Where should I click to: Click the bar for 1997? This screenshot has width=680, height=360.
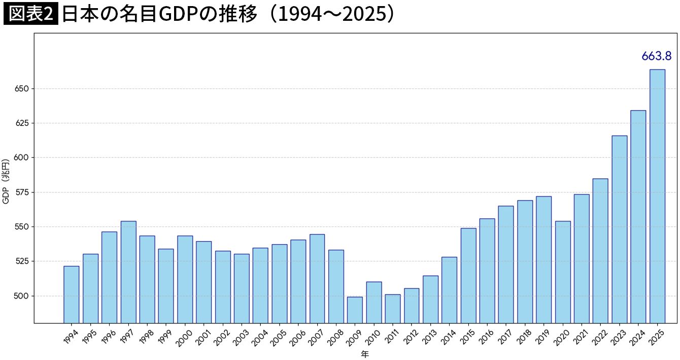(128, 272)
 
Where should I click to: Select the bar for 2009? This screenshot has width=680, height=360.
(355, 310)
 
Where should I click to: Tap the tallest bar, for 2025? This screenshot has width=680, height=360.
(657, 196)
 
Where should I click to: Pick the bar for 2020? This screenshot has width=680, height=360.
(563, 272)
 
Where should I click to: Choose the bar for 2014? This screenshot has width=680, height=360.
(449, 290)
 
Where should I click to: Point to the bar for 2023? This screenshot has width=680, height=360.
(619, 229)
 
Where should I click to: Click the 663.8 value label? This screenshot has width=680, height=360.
(656, 56)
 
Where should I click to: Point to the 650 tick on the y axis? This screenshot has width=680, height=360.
(23, 89)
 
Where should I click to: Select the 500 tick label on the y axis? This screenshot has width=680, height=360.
(23, 296)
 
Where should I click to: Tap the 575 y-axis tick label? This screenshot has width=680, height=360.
(23, 192)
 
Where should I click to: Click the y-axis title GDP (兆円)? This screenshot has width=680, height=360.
(6, 181)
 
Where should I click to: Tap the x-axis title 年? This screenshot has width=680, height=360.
(364, 354)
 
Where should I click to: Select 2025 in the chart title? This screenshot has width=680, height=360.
(363, 15)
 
